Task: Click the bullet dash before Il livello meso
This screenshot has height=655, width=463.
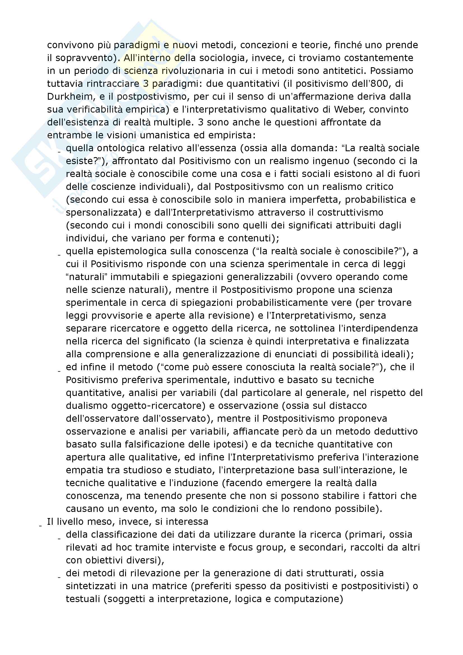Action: click(41, 525)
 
